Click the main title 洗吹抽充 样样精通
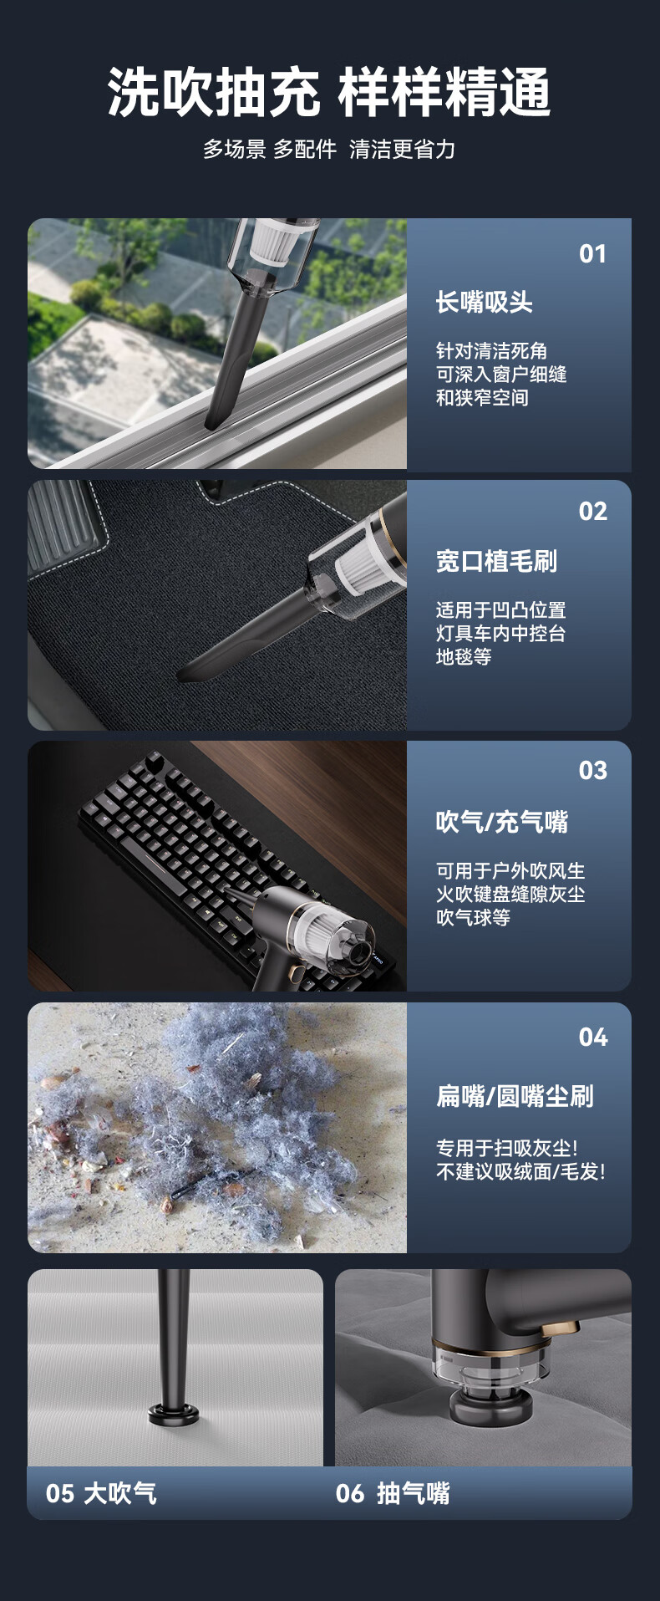[x=329, y=92]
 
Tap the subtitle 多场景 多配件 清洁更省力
[x=329, y=149]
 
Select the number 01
[x=592, y=254]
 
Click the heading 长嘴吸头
[x=484, y=302]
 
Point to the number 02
[x=592, y=512]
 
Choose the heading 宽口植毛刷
[x=496, y=561]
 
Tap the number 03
[x=592, y=771]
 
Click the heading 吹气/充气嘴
[x=501, y=822]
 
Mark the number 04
[x=592, y=1038]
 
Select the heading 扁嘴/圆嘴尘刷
[x=515, y=1096]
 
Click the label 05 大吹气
[x=101, y=1493]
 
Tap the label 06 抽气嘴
[x=393, y=1493]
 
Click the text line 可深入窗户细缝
[x=501, y=374]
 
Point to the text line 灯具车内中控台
[x=500, y=633]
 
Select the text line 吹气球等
[x=473, y=917]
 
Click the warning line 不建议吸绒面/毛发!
[x=520, y=1171]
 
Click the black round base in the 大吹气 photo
[x=175, y=1414]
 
